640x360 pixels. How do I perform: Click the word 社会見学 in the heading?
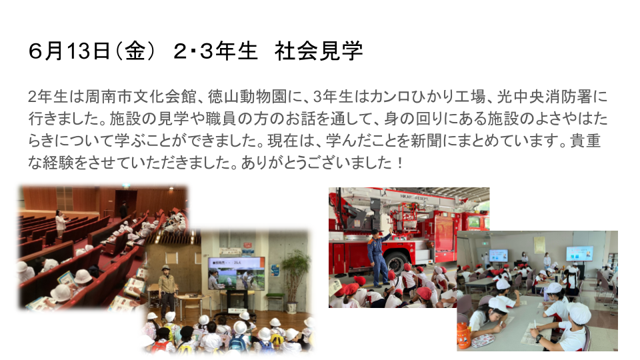[x=319, y=51]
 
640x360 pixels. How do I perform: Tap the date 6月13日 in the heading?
[x=69, y=51]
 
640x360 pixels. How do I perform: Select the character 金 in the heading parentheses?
[x=135, y=51]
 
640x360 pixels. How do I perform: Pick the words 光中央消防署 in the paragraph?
[x=545, y=97]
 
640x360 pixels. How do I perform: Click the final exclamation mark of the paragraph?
[x=399, y=163]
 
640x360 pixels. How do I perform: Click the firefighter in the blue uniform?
[x=379, y=257]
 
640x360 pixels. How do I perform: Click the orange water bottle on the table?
[x=464, y=335]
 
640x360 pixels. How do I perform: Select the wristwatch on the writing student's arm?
[x=539, y=338]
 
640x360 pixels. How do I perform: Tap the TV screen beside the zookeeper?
[x=236, y=273]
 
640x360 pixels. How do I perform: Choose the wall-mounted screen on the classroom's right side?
[x=579, y=253]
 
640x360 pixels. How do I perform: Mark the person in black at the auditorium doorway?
[x=123, y=209]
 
